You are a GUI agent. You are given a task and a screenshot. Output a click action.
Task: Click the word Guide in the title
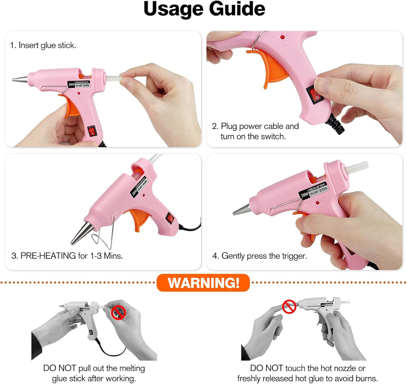click(237, 9)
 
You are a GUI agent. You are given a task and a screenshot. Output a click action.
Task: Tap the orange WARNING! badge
click(203, 283)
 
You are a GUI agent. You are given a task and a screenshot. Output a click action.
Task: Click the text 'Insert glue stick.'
click(47, 45)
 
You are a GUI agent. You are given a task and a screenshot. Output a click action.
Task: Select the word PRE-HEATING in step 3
click(48, 256)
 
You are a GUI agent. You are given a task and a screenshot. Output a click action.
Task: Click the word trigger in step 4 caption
click(294, 256)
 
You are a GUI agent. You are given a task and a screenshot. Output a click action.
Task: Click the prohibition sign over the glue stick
click(118, 313)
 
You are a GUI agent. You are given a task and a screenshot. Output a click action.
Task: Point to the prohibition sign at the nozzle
click(289, 307)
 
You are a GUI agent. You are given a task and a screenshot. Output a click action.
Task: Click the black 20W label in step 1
click(72, 84)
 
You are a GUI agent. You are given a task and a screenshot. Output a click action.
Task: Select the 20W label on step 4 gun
click(304, 195)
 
